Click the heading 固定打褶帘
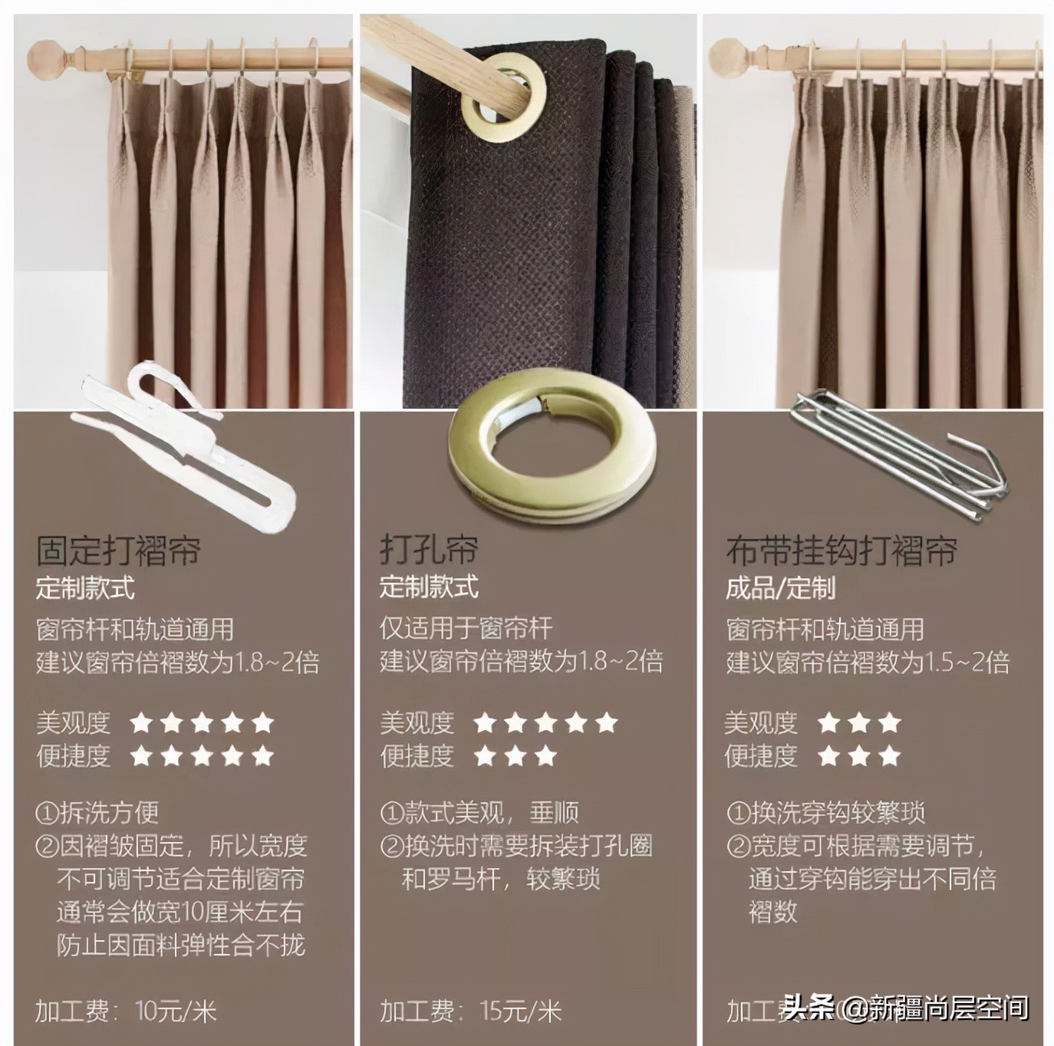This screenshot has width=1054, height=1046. pyautogui.click(x=119, y=550)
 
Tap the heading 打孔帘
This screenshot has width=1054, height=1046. pyautogui.click(x=429, y=550)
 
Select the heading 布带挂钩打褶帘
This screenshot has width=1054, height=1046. pyautogui.click(x=842, y=550)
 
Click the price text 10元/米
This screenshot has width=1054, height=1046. pyautogui.click(x=176, y=1011)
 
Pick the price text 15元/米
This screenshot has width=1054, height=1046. pyautogui.click(x=521, y=1011)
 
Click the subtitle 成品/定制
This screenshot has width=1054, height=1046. pyautogui.click(x=780, y=589)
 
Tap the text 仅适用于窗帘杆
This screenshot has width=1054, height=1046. pyautogui.click(x=466, y=629)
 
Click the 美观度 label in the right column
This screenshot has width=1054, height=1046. pyautogui.click(x=761, y=722)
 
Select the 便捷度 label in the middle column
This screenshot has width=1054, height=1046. pyautogui.click(x=417, y=756)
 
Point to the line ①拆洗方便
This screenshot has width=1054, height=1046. pyautogui.click(x=97, y=812)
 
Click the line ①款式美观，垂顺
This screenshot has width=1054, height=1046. pyautogui.click(x=479, y=812)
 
